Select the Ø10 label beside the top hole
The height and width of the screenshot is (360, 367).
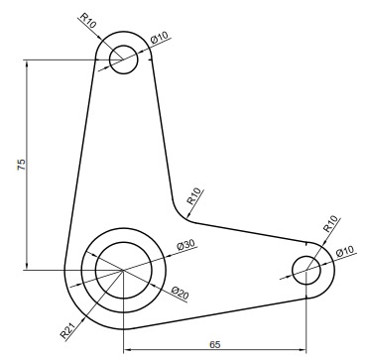pyautogui.click(x=160, y=39)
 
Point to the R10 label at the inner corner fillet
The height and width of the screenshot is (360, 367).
pyautogui.click(x=193, y=193)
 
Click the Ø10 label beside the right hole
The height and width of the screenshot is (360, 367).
pyautogui.click(x=345, y=249)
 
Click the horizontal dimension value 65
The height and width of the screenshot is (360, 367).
pyautogui.click(x=215, y=342)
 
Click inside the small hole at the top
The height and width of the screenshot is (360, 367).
pyautogui.click(x=123, y=58)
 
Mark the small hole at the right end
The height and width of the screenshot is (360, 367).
pyautogui.click(x=306, y=268)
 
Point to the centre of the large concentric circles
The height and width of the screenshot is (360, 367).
pyautogui.click(x=122, y=269)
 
